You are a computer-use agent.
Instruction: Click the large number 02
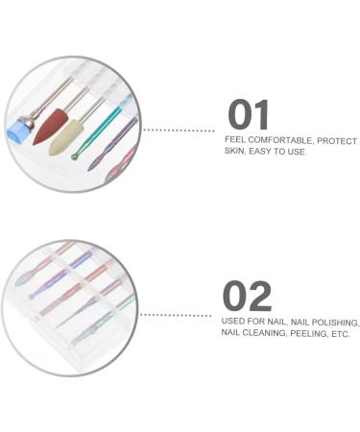click(x=248, y=297)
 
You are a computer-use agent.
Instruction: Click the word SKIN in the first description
click(x=234, y=153)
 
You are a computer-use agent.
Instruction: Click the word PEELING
click(x=313, y=335)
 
